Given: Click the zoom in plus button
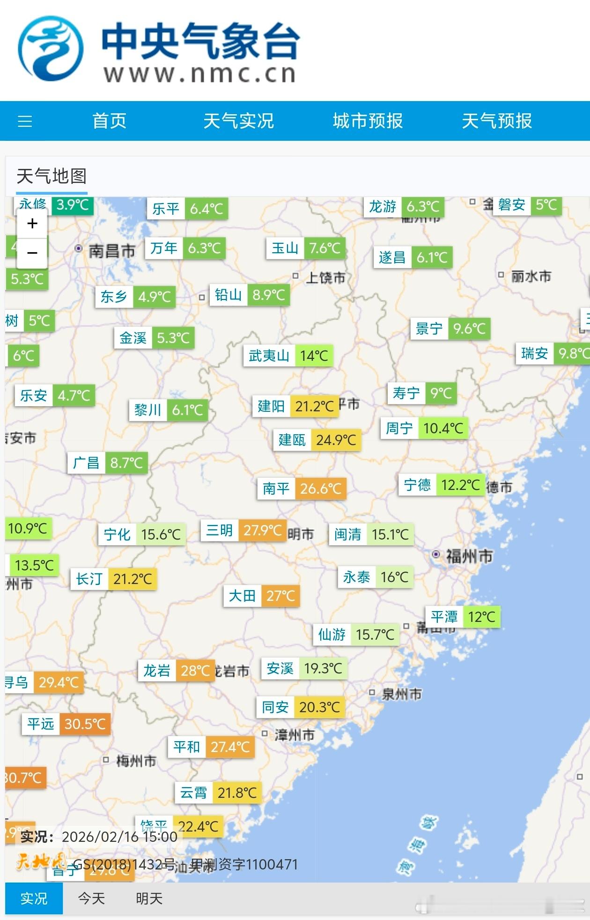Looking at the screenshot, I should tap(32, 223).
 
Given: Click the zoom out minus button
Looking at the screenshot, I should tap(32, 253).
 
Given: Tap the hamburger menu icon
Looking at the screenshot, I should tap(25, 121).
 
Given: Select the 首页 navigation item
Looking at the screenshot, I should tap(110, 121).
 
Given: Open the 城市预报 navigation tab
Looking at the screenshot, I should tap(368, 121).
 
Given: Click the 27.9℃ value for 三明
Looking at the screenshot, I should tap(263, 530).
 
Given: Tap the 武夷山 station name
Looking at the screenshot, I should tap(269, 356).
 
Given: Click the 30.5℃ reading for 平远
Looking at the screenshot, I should tap(85, 724).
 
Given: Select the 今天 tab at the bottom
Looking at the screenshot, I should tap(91, 898).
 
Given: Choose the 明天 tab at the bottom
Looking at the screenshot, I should tap(149, 898).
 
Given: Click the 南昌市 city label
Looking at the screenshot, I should tap(112, 251).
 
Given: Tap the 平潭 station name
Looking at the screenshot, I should tap(444, 617).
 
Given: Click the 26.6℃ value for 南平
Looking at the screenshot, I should tap(321, 489).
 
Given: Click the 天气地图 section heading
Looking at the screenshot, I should tap(52, 176).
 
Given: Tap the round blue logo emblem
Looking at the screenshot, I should tap(51, 49).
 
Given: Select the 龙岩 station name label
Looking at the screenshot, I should tap(157, 671).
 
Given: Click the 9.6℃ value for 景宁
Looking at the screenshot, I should tap(469, 329).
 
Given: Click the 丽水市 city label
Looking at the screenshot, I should tap(531, 276).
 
